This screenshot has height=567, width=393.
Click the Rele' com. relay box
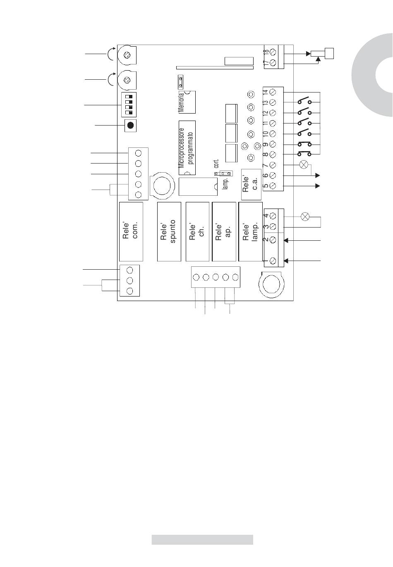click(131, 231)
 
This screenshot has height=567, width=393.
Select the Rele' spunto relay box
click(169, 232)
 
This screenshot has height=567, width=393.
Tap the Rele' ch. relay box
click(197, 232)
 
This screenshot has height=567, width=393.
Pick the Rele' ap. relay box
click(224, 232)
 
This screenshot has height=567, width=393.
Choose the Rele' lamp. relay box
click(250, 232)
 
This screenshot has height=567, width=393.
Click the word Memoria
click(181, 103)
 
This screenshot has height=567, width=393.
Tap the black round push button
click(130, 125)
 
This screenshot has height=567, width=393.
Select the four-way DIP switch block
click(128, 105)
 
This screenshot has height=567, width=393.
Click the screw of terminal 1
click(273, 261)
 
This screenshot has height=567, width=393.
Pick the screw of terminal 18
click(273, 52)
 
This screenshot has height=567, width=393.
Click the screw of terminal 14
click(273, 92)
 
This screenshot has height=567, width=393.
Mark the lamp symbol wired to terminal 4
click(305, 216)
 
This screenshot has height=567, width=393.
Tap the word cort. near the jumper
click(216, 163)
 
